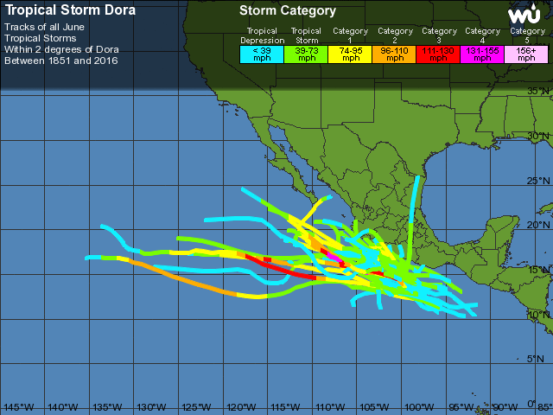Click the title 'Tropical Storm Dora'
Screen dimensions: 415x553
coord(70,11)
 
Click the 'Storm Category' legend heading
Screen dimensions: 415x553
coord(287,11)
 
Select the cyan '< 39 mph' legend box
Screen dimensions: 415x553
coord(261,53)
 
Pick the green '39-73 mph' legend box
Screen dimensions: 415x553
coord(306,53)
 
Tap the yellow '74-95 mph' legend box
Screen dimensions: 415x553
coord(350,53)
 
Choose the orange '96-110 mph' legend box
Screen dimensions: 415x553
coord(395,53)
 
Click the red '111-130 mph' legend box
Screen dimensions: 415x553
coord(439,53)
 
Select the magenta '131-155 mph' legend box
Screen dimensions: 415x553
coord(483,53)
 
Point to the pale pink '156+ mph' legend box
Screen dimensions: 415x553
coord(527,53)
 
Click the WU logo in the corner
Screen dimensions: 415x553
coord(524,16)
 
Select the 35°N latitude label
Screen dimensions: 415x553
coord(539,92)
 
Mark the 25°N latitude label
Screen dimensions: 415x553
coord(539,181)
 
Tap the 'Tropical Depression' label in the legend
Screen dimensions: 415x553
coord(261,35)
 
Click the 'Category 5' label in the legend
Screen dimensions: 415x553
coord(527,35)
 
